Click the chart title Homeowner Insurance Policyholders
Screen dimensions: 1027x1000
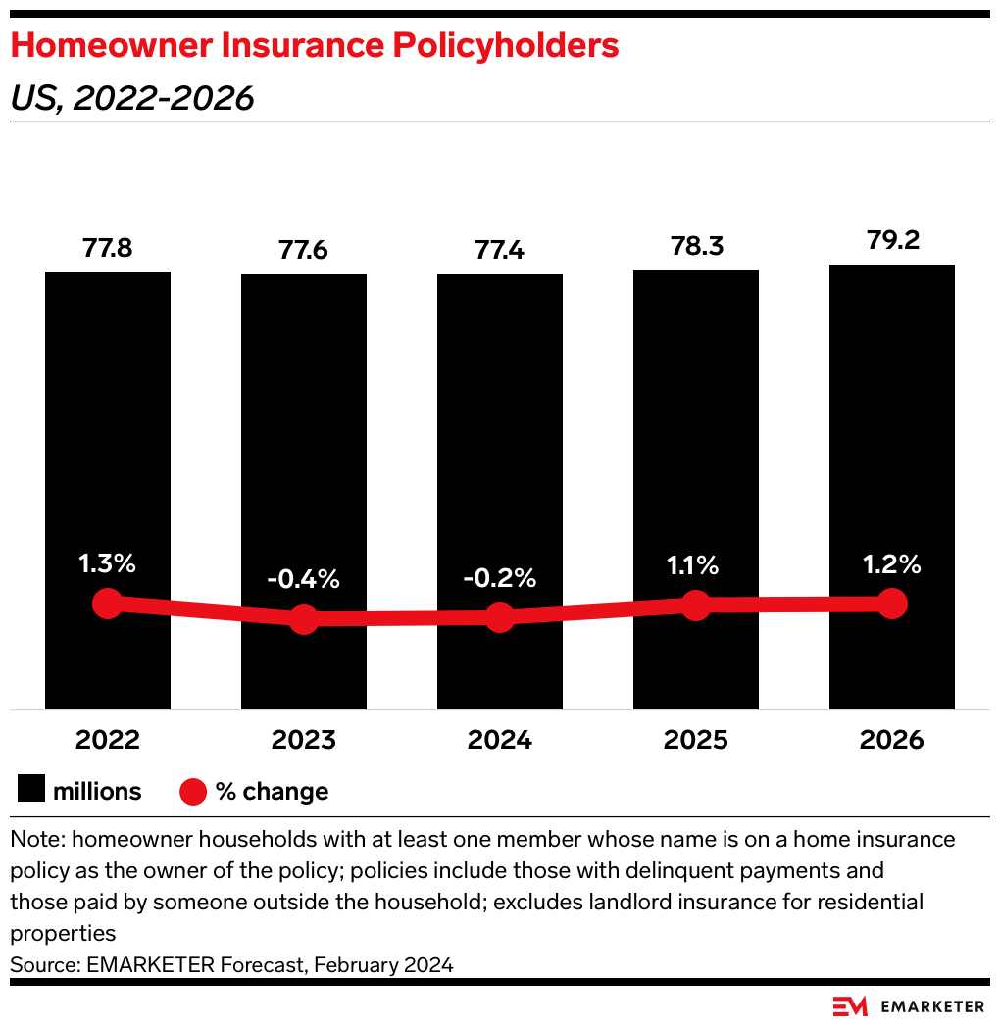(315, 46)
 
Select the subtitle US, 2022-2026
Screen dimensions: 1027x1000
(132, 98)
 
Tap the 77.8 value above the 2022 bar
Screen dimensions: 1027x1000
(108, 248)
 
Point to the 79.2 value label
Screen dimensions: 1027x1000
(892, 240)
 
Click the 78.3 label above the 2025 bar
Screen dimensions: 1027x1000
(696, 246)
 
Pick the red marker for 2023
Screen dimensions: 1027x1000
(304, 618)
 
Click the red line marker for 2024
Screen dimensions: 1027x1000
(500, 617)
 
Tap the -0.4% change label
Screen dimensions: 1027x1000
(304, 579)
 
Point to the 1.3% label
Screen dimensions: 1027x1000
(108, 563)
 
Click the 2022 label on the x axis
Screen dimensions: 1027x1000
(108, 740)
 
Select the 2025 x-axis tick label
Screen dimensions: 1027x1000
(696, 740)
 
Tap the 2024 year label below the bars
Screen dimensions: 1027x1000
(500, 740)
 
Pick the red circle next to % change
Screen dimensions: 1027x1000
(193, 791)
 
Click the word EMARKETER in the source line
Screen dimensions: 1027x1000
(141, 964)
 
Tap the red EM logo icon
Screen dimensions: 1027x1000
(849, 1005)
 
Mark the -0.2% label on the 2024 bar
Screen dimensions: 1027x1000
(500, 579)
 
